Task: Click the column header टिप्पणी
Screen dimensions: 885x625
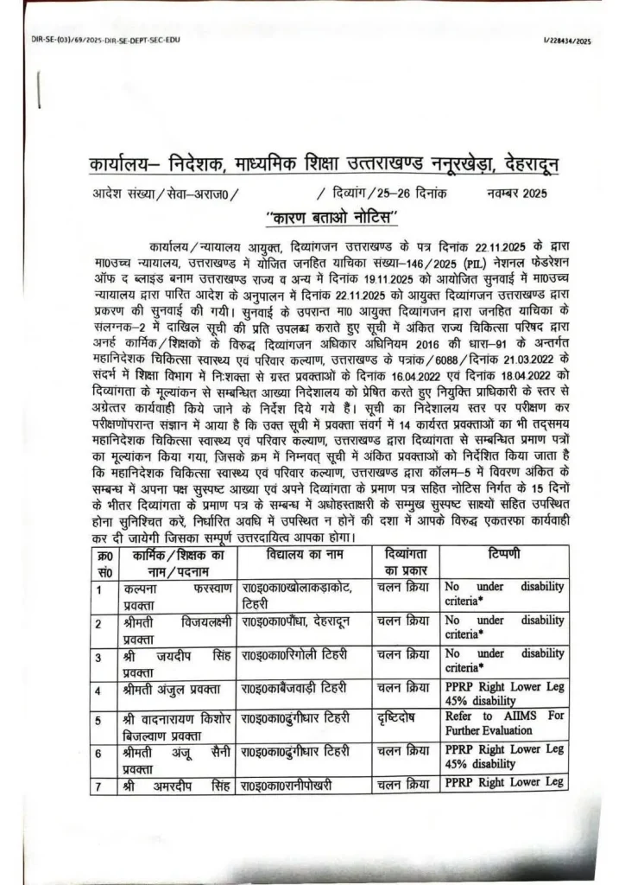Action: click(x=504, y=553)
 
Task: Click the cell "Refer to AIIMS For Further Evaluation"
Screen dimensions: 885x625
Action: click(x=504, y=723)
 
